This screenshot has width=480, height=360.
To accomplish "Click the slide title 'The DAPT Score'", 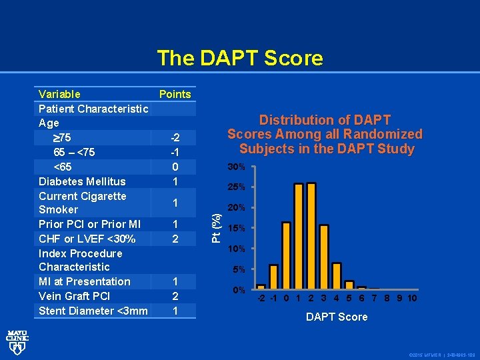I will (240, 59).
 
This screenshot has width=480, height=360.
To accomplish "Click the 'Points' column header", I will (175, 94).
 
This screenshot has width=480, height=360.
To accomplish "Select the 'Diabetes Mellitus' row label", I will (82, 181).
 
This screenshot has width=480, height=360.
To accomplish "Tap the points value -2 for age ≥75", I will (175, 138).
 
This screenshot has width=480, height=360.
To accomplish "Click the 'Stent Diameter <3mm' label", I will (93, 311).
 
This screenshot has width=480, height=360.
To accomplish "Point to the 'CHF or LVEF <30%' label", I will (87, 239).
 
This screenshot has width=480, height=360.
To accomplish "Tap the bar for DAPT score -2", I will (261, 277).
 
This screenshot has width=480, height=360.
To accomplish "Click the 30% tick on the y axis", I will (237, 166).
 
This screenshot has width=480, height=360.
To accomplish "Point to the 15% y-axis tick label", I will (237, 229).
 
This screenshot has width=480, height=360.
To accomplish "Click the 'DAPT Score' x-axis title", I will (337, 317).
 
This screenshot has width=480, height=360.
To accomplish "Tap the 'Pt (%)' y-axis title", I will (217, 227).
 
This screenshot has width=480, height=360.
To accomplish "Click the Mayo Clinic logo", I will (17, 341).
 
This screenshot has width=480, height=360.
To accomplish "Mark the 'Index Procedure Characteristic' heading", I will (81, 260).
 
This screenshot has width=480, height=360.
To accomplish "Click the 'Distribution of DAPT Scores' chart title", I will (325, 134).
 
